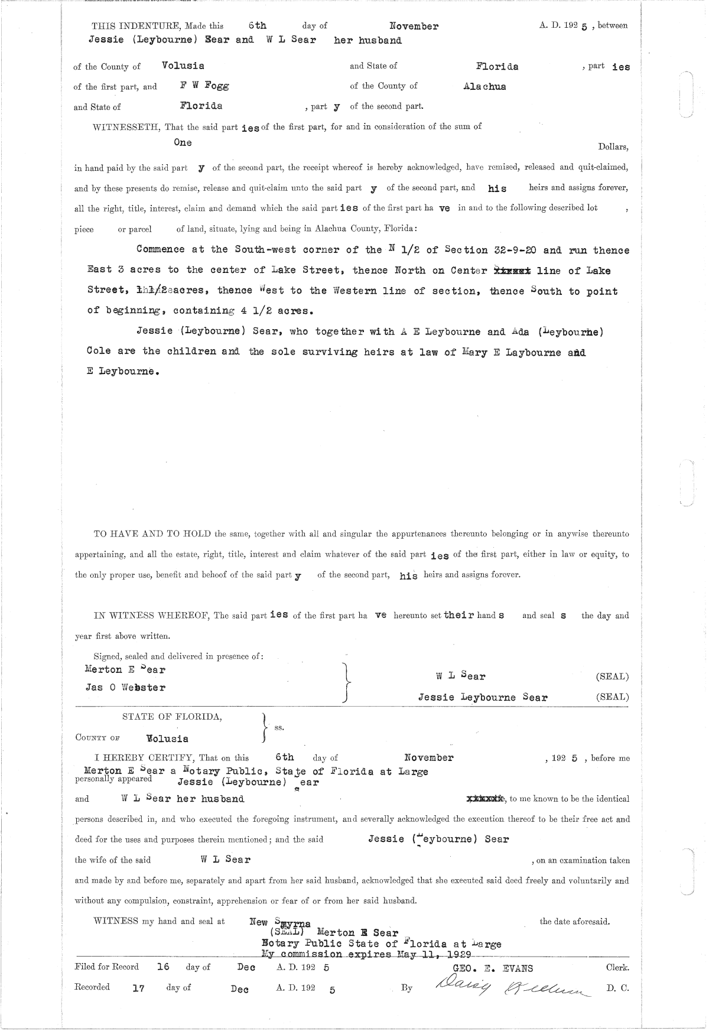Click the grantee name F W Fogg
coord(204,85)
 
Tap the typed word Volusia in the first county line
coord(183,66)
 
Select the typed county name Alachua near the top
coord(484,86)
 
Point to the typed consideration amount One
coord(183,142)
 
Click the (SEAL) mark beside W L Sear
coord(612,677)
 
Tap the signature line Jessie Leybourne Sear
coord(483,697)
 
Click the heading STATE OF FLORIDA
coord(172,717)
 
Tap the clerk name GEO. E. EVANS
coord(492,968)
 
